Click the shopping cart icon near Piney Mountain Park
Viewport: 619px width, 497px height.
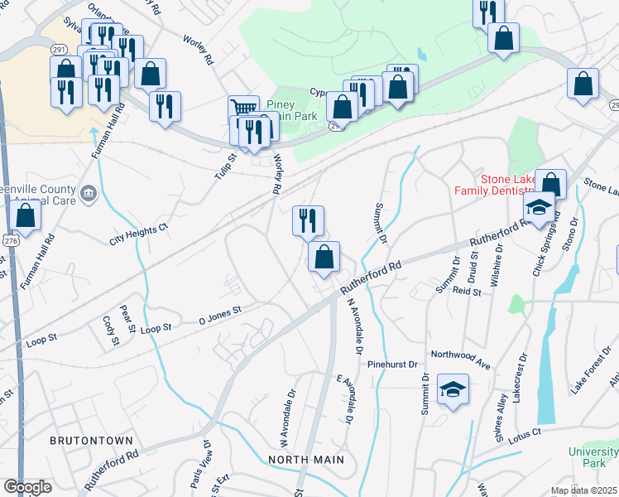[242, 109]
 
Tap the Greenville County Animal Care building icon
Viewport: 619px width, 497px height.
[90, 195]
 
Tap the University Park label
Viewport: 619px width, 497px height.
[593, 456]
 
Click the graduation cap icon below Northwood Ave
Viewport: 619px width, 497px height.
[453, 390]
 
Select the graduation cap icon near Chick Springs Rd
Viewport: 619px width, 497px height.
[538, 207]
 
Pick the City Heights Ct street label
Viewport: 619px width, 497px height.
[139, 234]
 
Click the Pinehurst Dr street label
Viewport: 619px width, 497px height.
[396, 364]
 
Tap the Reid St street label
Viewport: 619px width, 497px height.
[467, 292]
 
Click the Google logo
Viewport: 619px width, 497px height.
[27, 487]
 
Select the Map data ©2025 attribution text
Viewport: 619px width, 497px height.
[584, 490]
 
